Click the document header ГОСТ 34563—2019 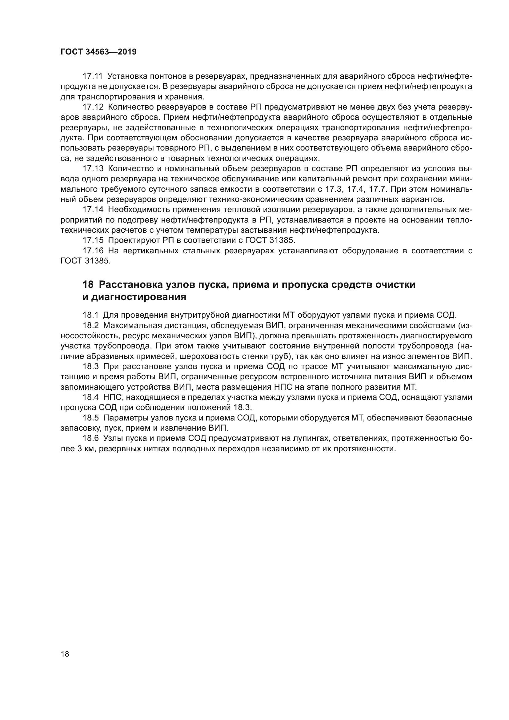[98, 52]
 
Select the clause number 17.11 [93, 76]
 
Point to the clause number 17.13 [93, 169]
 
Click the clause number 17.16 [93, 251]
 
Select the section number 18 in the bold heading [88, 285]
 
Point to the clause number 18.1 [90, 315]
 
